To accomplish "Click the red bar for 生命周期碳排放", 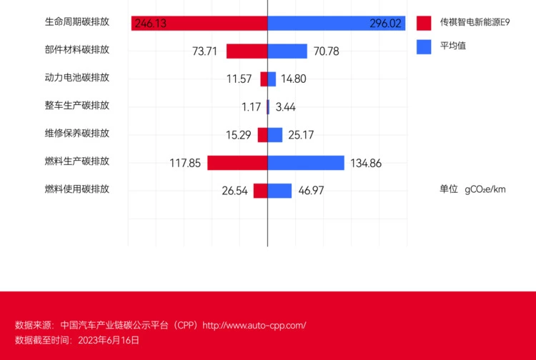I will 199,24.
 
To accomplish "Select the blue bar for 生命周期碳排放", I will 336,24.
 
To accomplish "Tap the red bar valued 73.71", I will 247,51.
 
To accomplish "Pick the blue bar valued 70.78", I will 287,51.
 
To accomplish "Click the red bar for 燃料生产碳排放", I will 237,163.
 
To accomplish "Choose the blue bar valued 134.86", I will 306,163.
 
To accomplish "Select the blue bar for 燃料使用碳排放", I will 279,191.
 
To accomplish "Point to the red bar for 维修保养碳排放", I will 262,135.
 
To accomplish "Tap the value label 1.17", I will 251,107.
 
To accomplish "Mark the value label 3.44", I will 285,107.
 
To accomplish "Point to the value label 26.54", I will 234,191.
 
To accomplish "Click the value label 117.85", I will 185,163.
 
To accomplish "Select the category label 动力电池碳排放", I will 76,77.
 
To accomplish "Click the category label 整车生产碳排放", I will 76,105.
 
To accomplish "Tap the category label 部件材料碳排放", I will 76,49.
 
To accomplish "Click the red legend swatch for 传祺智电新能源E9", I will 425,23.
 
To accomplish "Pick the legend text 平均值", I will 453,46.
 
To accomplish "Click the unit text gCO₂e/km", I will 485,189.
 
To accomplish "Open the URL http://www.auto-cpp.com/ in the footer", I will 254,326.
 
